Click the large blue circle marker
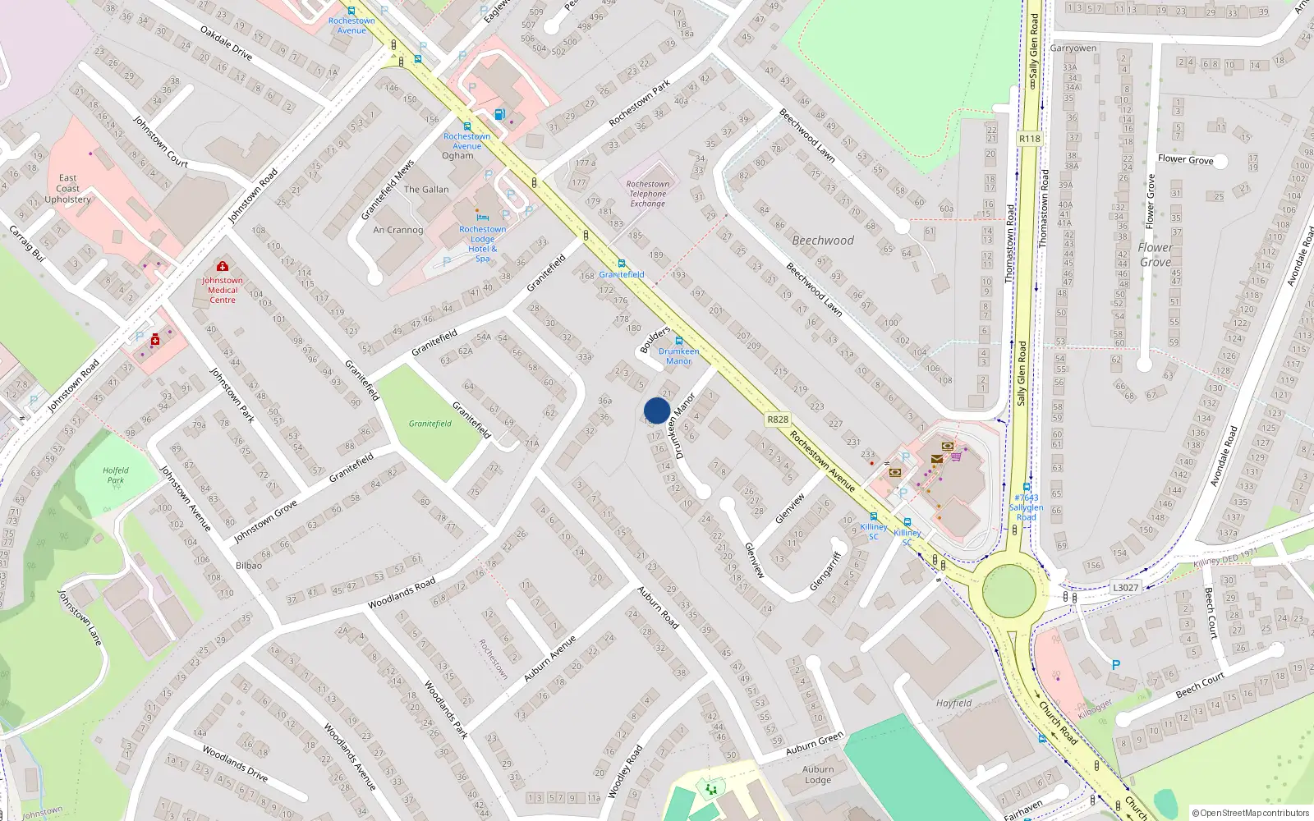click(x=657, y=410)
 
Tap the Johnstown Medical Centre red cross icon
click(x=222, y=267)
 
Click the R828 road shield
click(x=777, y=420)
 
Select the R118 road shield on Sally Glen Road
click(x=1029, y=139)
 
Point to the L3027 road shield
click(x=1125, y=588)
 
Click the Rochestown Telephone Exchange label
click(x=648, y=194)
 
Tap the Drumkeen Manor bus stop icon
click(x=679, y=341)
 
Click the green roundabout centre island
click(x=1008, y=591)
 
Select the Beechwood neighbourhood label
click(x=823, y=241)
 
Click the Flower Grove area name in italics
click(x=1155, y=255)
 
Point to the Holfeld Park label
click(x=116, y=475)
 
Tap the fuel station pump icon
click(x=499, y=115)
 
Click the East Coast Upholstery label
click(x=67, y=189)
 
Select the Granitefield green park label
click(x=430, y=424)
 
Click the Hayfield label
click(x=953, y=703)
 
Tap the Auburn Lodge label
click(x=818, y=775)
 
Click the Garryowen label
click(x=1073, y=48)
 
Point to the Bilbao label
click(x=249, y=566)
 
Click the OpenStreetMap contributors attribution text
click(x=1251, y=814)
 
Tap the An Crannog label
click(x=398, y=230)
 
